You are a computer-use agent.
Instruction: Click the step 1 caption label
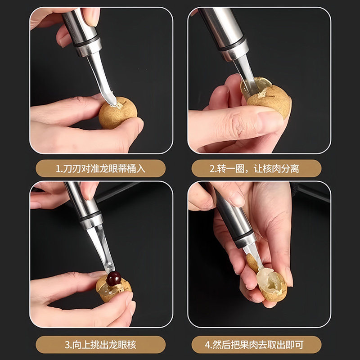pos(101,169)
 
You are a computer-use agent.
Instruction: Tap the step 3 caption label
pos(101,345)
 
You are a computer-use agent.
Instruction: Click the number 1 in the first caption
pos(58,170)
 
